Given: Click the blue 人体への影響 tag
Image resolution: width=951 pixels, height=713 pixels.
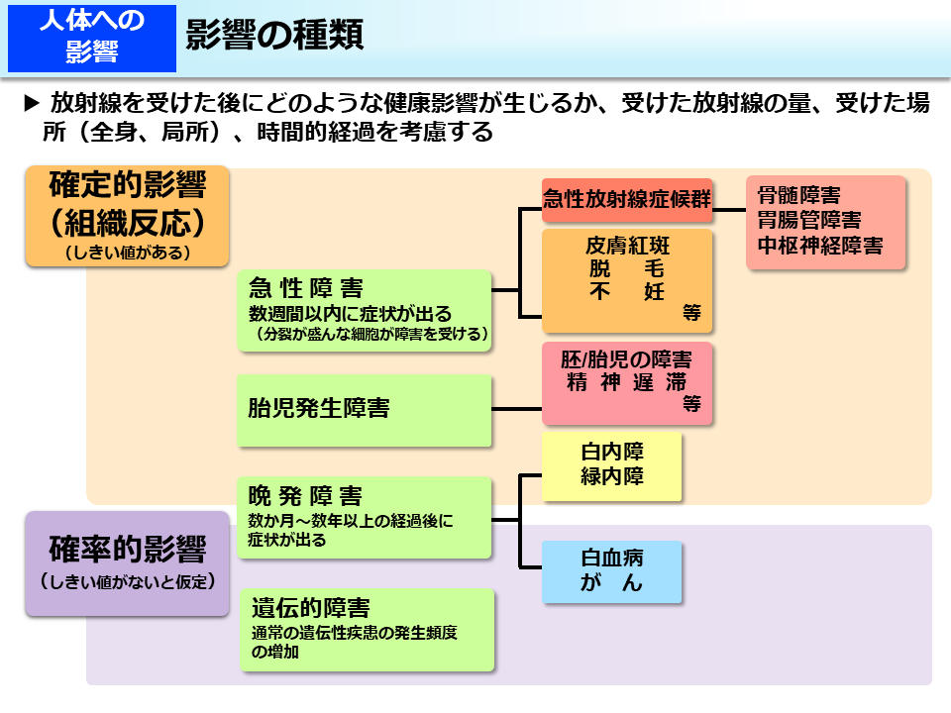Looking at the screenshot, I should point(92,38).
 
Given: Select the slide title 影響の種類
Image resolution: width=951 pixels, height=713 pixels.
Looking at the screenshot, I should point(274,36).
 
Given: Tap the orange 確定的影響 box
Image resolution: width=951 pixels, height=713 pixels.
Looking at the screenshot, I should point(128,216).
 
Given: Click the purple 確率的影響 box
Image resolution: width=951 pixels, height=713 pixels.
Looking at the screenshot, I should point(128,562).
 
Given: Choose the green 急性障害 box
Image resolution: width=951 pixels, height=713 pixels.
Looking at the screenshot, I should point(365,310).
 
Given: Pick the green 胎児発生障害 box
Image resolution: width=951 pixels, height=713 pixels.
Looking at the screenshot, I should point(365,409).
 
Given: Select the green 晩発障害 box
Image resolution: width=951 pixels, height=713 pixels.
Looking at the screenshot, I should point(365,517).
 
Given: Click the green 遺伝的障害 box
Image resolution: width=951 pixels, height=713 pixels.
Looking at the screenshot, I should point(367,630).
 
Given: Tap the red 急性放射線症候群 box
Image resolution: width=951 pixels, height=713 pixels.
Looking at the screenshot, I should point(627,198).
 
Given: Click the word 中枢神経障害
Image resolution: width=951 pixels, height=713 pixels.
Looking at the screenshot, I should point(819,245).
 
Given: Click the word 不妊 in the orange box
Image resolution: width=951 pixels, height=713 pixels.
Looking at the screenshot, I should point(627,292).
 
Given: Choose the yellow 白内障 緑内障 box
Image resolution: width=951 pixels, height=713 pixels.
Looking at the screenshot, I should point(612,464).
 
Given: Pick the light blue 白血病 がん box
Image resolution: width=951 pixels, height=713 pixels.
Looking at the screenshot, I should point(612,571).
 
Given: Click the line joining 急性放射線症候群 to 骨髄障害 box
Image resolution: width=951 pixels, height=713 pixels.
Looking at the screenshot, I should point(729,210).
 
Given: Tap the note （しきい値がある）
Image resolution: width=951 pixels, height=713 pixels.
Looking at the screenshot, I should point(128,253).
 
